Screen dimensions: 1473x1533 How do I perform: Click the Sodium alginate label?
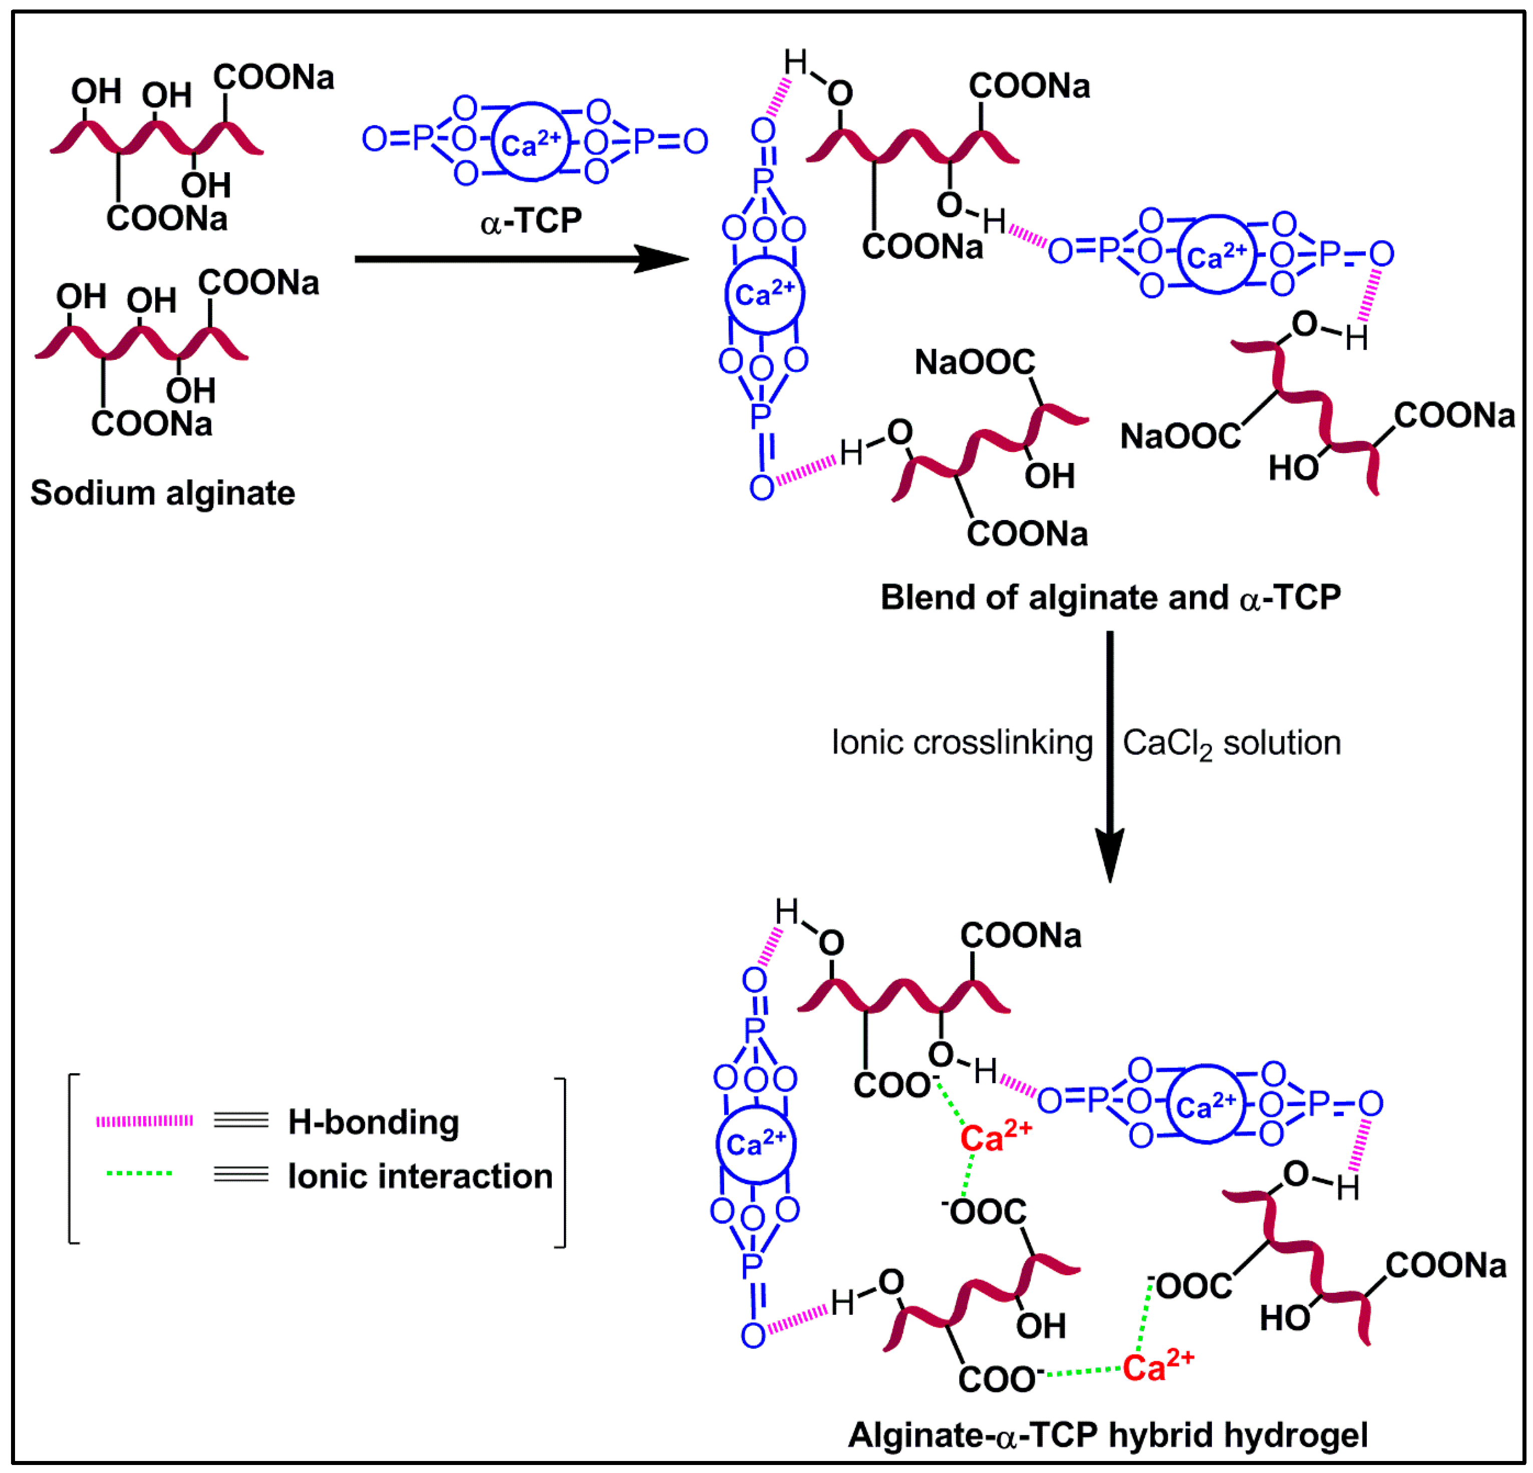click(163, 494)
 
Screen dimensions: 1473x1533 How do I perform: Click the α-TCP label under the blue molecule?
click(531, 221)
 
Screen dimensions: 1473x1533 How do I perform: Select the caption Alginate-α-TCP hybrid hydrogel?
click(1108, 1434)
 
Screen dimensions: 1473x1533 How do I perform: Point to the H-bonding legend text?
click(373, 1122)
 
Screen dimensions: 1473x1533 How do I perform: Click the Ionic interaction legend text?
click(420, 1176)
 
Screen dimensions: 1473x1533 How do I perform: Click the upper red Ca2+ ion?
click(996, 1138)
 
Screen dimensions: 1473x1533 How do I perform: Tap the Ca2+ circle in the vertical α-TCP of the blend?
click(764, 295)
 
